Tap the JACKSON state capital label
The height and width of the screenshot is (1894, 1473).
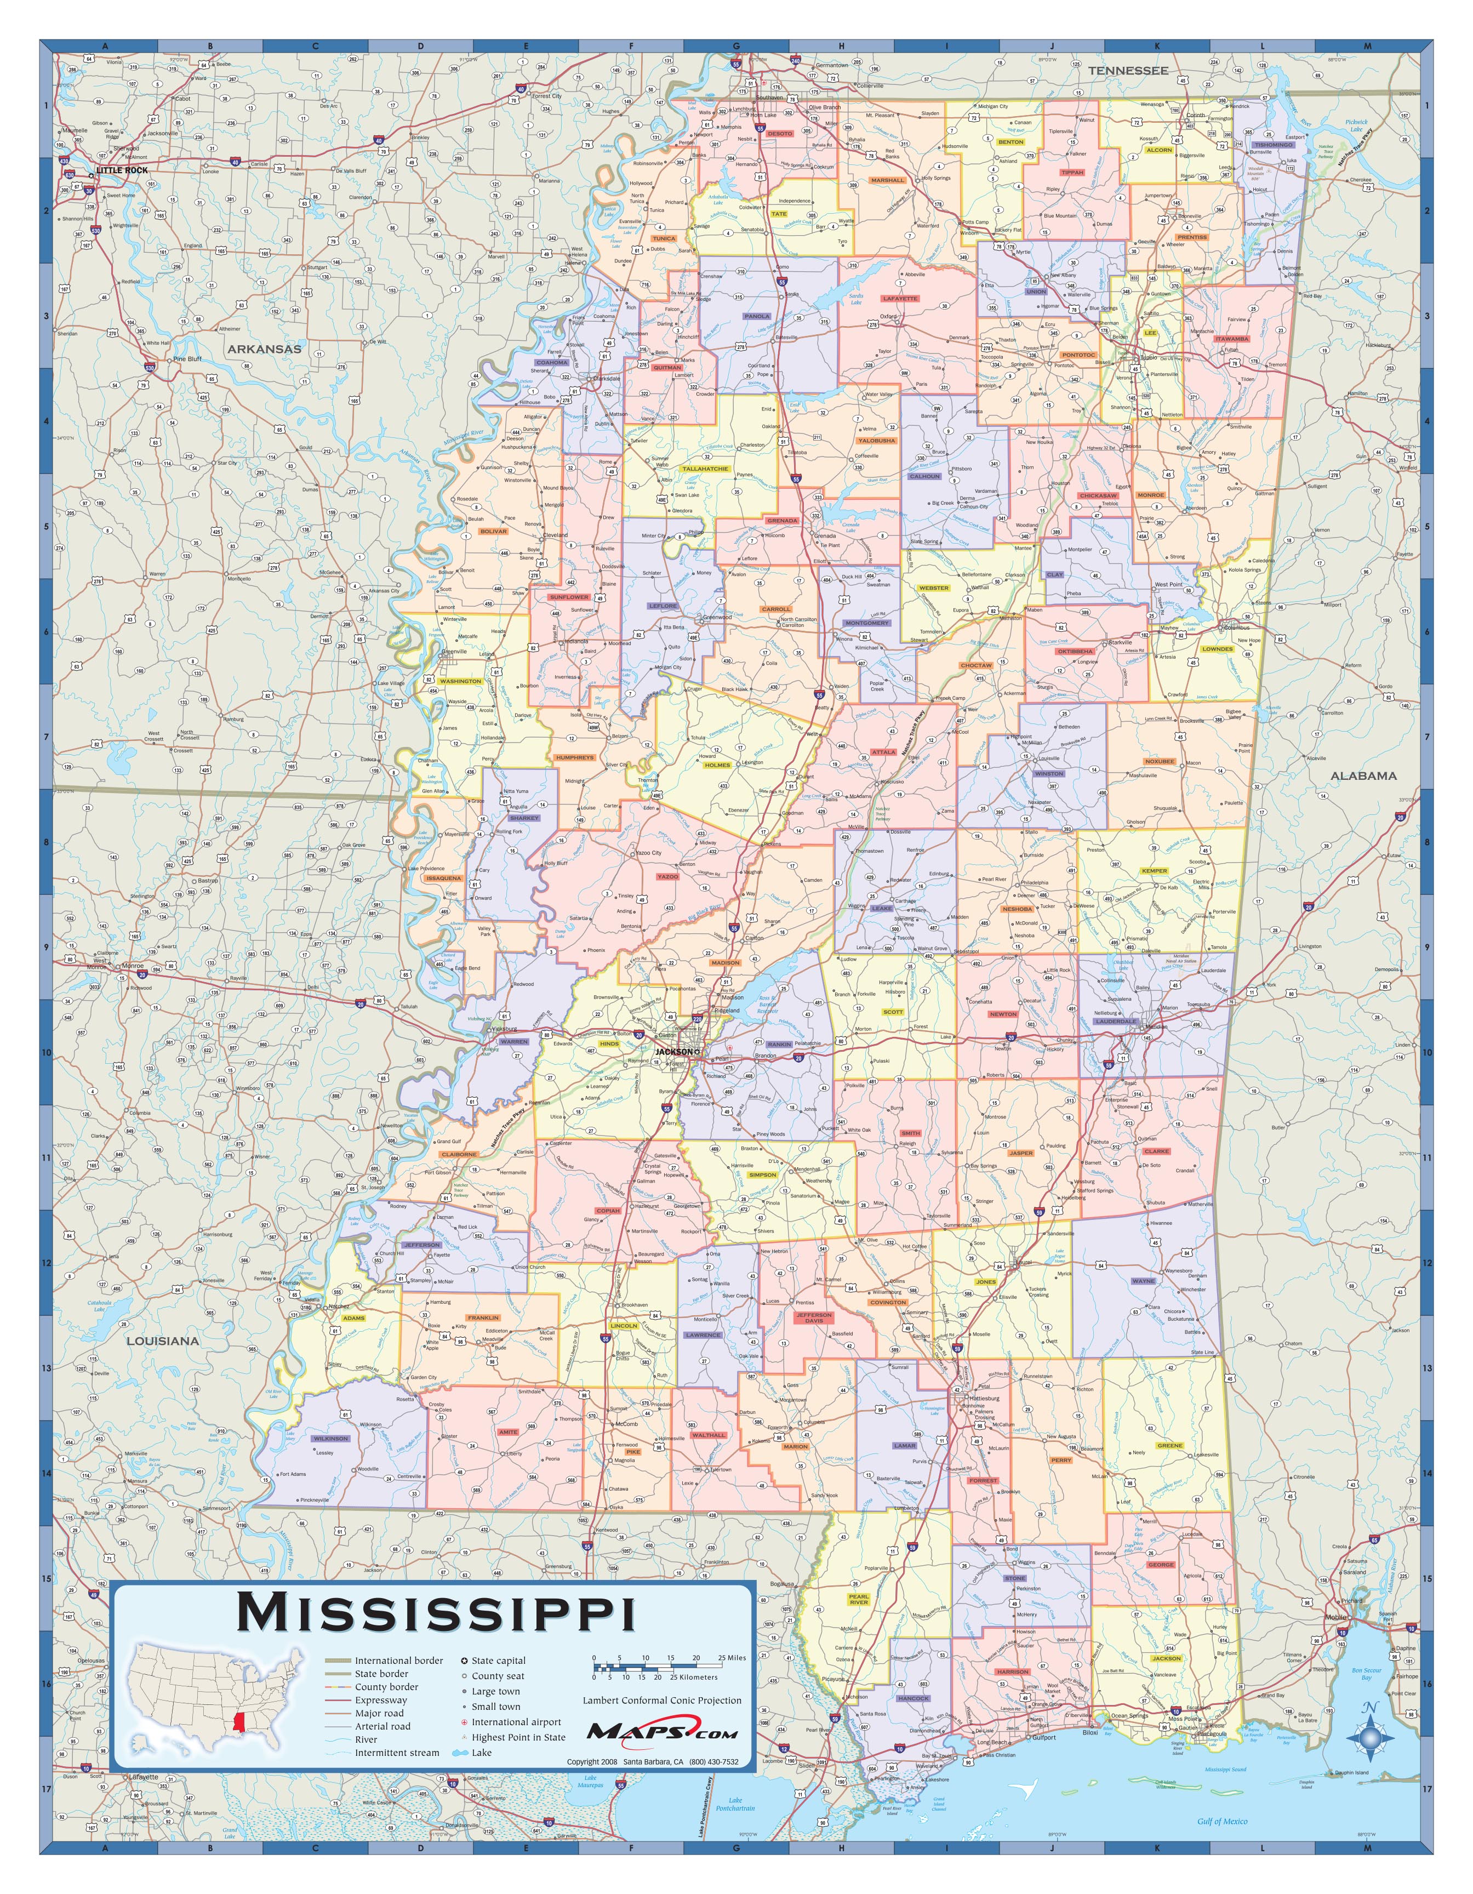(673, 1052)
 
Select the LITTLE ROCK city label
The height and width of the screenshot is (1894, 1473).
(122, 171)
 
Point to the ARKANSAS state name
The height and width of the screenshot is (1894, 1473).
(265, 350)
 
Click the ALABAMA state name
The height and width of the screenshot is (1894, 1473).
(1364, 775)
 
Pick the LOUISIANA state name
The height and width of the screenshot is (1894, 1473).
(163, 1340)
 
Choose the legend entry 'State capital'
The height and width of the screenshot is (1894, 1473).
(498, 1660)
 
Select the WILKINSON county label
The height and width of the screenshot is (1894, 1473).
(331, 1439)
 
